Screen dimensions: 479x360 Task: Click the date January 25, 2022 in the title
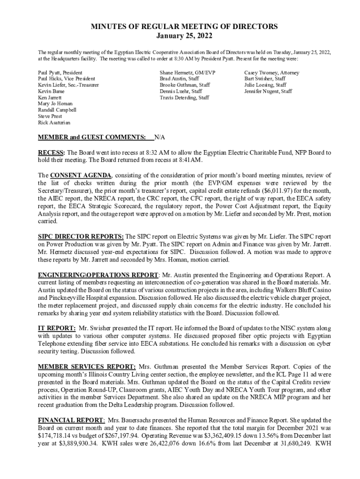180,36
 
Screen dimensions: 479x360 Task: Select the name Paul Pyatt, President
60,73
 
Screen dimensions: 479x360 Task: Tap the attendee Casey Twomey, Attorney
272,73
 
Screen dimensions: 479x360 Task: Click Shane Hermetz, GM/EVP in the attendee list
187,73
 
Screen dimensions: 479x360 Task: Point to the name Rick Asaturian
54,123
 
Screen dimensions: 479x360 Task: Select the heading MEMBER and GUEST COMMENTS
92,137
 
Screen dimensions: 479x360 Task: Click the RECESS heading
52,152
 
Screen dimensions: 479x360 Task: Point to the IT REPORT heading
57,328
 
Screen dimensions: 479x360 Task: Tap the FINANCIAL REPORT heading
71,420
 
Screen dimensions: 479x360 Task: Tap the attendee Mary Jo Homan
56,104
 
